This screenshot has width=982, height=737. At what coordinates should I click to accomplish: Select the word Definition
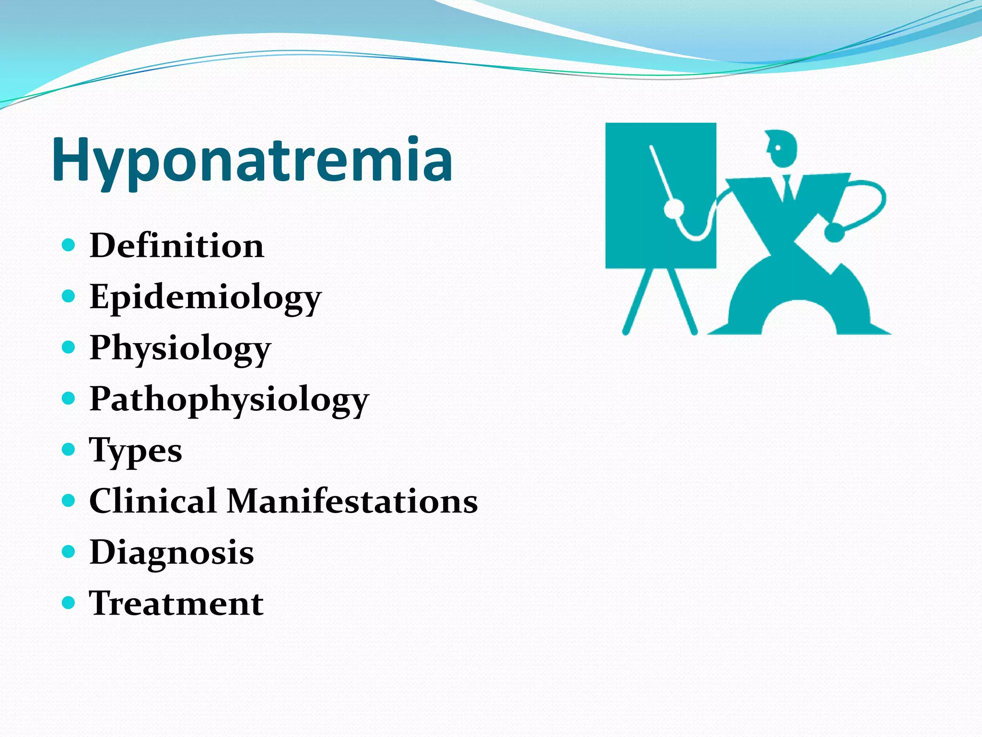tap(176, 246)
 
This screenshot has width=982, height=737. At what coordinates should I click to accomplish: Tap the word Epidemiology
tap(205, 297)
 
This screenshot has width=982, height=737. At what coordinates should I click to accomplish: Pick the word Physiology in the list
tap(180, 348)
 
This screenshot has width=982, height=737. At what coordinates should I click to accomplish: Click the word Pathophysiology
tap(229, 399)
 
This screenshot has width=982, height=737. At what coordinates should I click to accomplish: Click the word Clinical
tap(152, 501)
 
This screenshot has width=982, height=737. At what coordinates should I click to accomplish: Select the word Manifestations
tap(352, 501)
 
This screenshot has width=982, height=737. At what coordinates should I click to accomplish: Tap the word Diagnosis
tap(172, 552)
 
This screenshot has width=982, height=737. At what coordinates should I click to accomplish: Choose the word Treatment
tap(176, 603)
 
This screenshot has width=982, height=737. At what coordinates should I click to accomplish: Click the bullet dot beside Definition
tap(69, 245)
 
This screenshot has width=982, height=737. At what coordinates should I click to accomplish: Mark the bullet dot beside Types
tap(69, 450)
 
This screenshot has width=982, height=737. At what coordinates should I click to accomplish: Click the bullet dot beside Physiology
tap(69, 347)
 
